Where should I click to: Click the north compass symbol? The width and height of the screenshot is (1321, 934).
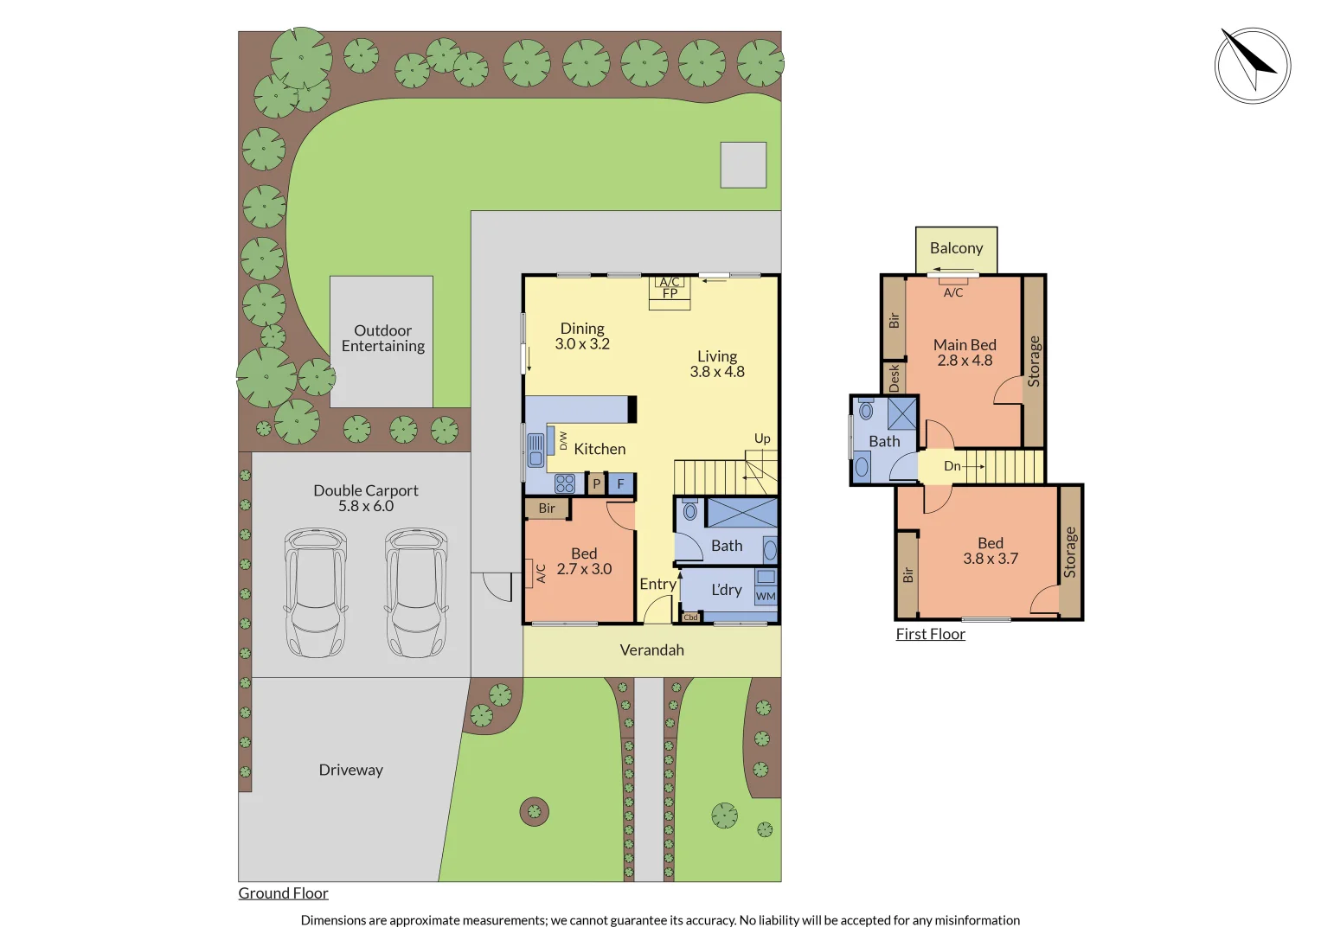tap(1252, 66)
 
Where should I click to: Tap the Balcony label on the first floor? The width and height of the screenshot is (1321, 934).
tap(956, 248)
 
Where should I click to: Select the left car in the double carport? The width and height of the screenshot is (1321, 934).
tap(316, 592)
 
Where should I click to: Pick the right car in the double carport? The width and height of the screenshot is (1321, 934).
tap(416, 592)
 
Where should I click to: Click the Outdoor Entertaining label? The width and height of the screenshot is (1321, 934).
tap(382, 338)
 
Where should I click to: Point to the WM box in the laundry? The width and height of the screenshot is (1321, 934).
tap(766, 596)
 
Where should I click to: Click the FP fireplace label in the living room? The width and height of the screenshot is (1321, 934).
tap(670, 293)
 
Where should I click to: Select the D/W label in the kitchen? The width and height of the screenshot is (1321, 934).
tap(563, 440)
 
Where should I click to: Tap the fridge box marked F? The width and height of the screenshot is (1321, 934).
tap(620, 484)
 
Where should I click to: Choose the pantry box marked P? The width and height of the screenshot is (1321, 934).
tap(596, 484)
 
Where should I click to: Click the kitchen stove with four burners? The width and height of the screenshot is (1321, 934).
tap(565, 483)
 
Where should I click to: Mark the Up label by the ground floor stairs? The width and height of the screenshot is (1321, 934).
tap(762, 438)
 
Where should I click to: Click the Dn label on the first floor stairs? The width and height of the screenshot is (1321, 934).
tap(952, 466)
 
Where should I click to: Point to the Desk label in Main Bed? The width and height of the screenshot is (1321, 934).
tap(894, 378)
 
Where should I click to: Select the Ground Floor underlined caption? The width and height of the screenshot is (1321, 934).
tap(283, 893)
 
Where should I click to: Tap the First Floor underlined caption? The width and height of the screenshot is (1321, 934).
tap(930, 634)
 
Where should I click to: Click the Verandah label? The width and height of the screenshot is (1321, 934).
tap(651, 650)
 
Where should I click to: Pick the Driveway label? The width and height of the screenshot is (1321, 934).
tap(350, 770)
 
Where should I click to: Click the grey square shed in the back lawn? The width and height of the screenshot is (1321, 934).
tap(743, 165)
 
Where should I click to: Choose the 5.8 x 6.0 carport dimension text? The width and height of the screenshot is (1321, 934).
tap(365, 506)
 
